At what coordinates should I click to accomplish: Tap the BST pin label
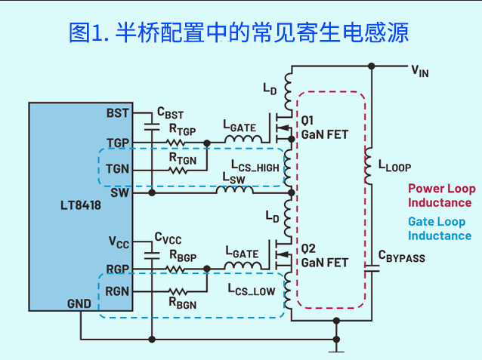[x=117, y=113]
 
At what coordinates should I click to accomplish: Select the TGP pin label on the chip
[x=117, y=142]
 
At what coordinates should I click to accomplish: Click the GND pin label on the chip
[x=79, y=303]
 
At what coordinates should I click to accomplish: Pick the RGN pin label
[x=117, y=291]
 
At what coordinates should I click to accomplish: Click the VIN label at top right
[x=420, y=72]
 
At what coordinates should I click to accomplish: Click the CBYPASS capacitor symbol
[x=370, y=268]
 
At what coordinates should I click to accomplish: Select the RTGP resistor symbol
[x=178, y=142]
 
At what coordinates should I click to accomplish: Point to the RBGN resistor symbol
[x=178, y=291]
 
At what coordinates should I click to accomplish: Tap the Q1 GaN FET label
[x=325, y=127]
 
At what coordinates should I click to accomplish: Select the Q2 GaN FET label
[x=325, y=255]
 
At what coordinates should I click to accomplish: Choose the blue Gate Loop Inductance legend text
[x=439, y=229]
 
